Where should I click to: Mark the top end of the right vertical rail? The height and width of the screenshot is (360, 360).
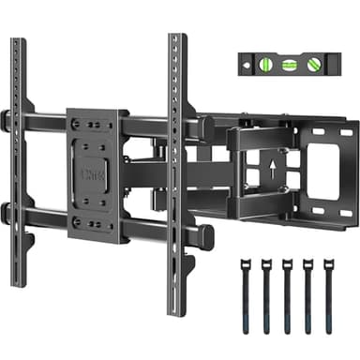[175, 38]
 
